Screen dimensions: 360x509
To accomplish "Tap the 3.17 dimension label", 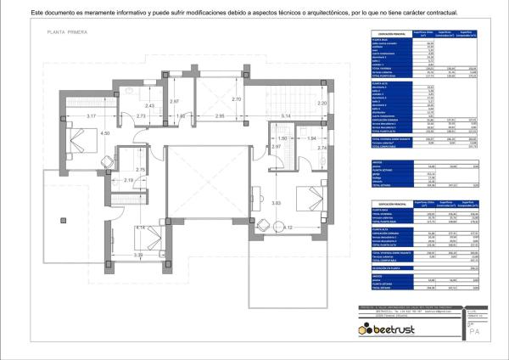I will click(69, 115).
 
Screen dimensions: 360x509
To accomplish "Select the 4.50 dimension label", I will click(105, 133).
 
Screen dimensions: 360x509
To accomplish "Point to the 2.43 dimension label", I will click(126, 105).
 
